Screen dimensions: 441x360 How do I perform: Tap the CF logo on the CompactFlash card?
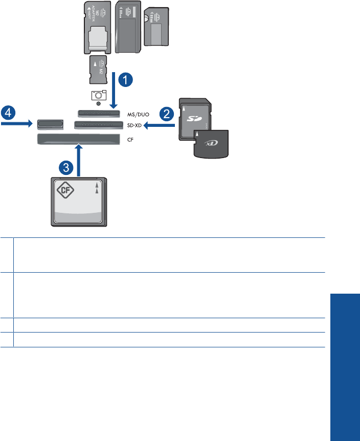click(x=64, y=191)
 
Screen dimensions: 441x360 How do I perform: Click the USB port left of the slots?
click(x=49, y=123)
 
